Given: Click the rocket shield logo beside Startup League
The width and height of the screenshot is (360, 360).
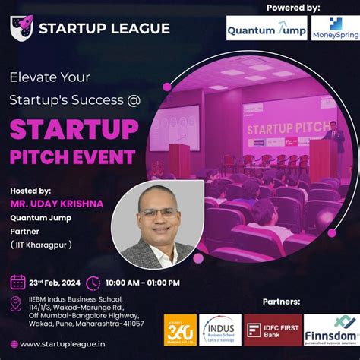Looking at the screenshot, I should pos(22,27).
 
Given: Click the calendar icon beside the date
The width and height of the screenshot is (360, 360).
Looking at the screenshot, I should pos(17,283).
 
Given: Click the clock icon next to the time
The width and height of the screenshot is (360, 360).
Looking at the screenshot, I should pos(93,283).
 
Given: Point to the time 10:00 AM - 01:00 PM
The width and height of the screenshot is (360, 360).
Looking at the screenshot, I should pos(143,283).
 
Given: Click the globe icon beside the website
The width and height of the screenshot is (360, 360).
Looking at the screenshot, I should pos(14,344).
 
